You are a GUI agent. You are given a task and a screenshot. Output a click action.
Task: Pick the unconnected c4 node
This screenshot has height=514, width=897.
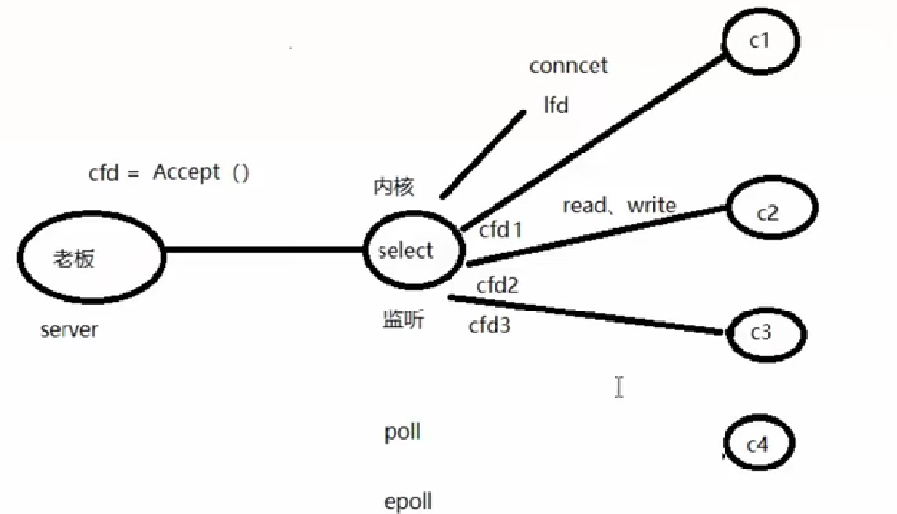758,445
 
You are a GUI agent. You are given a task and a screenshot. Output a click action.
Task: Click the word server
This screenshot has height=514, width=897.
69,330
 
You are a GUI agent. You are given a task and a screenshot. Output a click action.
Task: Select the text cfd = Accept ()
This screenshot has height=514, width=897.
169,173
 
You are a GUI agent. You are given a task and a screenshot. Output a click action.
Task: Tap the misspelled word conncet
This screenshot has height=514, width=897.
568,67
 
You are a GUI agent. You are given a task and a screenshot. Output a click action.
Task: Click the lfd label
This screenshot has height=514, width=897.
556,105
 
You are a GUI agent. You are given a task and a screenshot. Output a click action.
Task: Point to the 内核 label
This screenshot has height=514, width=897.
394,187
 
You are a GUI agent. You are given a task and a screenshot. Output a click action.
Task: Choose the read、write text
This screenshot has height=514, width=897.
619,205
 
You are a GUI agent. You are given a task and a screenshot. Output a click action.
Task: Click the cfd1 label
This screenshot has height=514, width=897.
501,229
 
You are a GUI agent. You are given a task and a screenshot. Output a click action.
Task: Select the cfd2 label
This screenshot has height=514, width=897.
497,286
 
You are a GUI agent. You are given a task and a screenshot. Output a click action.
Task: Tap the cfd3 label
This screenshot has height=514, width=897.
489,326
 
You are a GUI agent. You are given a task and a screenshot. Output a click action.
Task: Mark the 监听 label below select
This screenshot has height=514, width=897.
403,320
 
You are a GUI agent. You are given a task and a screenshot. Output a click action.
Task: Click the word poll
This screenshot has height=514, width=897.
402,433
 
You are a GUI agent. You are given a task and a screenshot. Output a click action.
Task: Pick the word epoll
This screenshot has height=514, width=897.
408,501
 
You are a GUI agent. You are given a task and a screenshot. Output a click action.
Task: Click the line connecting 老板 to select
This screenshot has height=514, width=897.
265,249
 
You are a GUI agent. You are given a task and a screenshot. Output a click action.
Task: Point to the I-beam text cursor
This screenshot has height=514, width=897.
619,387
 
